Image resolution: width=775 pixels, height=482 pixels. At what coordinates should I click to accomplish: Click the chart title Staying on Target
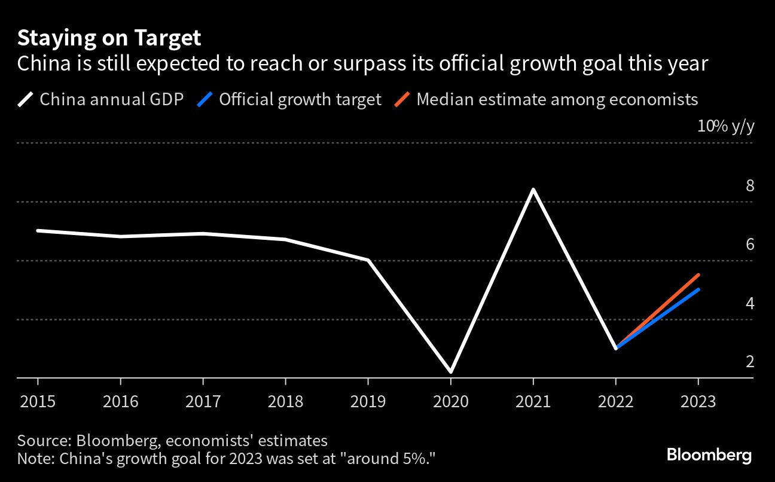(109, 38)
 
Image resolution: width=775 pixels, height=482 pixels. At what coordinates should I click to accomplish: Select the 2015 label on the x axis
(38, 401)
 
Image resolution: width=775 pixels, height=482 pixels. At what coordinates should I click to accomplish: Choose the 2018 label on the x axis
(285, 401)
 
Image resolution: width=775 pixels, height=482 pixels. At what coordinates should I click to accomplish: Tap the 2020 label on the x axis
(450, 401)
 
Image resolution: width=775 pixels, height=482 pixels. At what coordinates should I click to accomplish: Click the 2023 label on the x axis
(698, 401)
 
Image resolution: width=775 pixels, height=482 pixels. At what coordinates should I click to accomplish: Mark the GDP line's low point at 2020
(450, 371)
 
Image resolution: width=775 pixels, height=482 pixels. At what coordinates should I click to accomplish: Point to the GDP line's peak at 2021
(533, 190)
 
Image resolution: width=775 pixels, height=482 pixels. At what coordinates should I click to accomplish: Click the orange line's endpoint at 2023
(698, 275)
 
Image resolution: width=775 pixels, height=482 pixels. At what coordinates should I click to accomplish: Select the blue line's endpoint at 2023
(698, 290)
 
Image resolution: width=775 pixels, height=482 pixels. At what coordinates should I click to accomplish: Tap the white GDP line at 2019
(368, 260)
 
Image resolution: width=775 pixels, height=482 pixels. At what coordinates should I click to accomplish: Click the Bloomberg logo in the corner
(709, 455)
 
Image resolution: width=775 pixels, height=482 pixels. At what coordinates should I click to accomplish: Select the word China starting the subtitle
(42, 63)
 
